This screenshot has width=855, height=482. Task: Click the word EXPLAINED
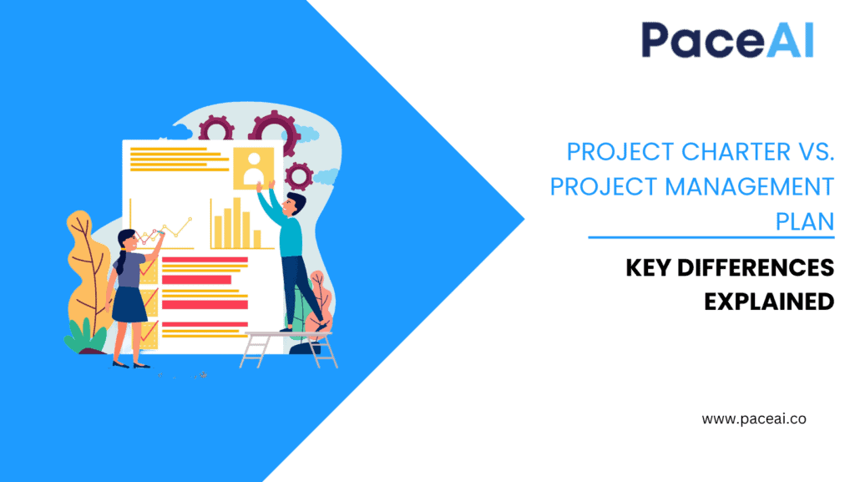click(x=769, y=301)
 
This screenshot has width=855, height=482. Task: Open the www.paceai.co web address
click(x=754, y=419)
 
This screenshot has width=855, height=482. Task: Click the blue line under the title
click(x=711, y=237)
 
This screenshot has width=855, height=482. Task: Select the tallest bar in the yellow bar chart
click(x=236, y=222)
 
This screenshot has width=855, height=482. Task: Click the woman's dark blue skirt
click(x=129, y=305)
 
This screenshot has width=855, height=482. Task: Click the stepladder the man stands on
click(x=288, y=347)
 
